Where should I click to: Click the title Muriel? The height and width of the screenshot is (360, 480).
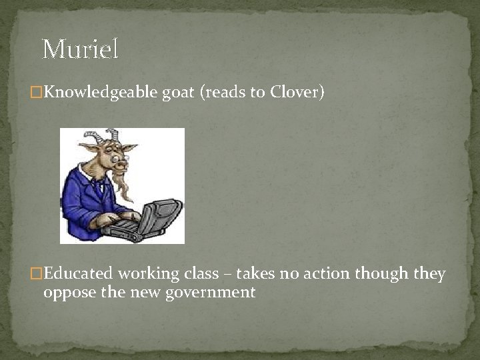pyautogui.click(x=80, y=49)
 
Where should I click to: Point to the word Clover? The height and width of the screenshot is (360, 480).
pyautogui.click(x=296, y=92)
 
